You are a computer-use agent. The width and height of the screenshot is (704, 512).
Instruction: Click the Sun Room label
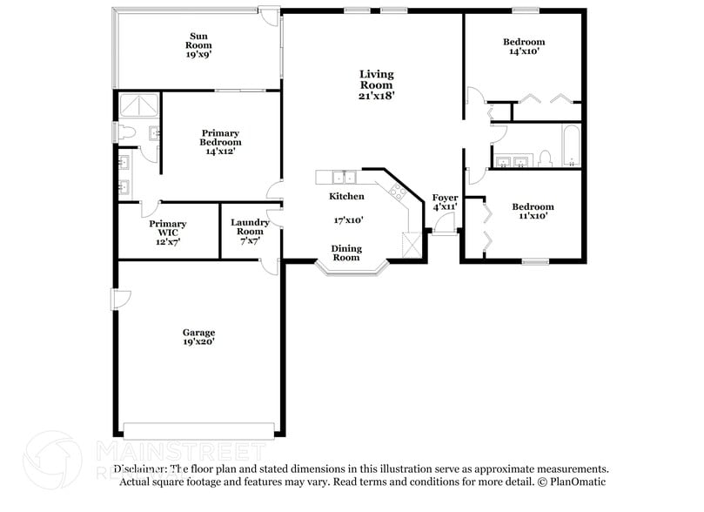pos(198,40)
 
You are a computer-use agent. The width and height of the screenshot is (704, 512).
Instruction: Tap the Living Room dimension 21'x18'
pos(377,97)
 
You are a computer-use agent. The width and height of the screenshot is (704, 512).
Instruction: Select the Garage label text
pos(198,332)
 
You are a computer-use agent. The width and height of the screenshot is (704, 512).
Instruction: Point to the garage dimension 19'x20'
pos(198,342)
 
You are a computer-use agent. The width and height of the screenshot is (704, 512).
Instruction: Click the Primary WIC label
pos(167,228)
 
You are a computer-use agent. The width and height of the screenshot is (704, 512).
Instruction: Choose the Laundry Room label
pos(250,227)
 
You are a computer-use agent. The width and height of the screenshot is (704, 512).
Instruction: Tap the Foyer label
pos(445,198)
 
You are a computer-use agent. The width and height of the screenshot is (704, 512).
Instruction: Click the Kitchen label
pos(346,196)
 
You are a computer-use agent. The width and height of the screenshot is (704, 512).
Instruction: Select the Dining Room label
pos(346,253)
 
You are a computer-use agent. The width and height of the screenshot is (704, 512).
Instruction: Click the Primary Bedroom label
pos(220,138)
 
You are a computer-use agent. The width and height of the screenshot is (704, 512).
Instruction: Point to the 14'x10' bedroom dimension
pos(524,52)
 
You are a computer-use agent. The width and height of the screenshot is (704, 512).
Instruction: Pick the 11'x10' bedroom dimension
pos(532,217)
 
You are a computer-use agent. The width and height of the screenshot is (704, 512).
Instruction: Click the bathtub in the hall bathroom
pos(570,145)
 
